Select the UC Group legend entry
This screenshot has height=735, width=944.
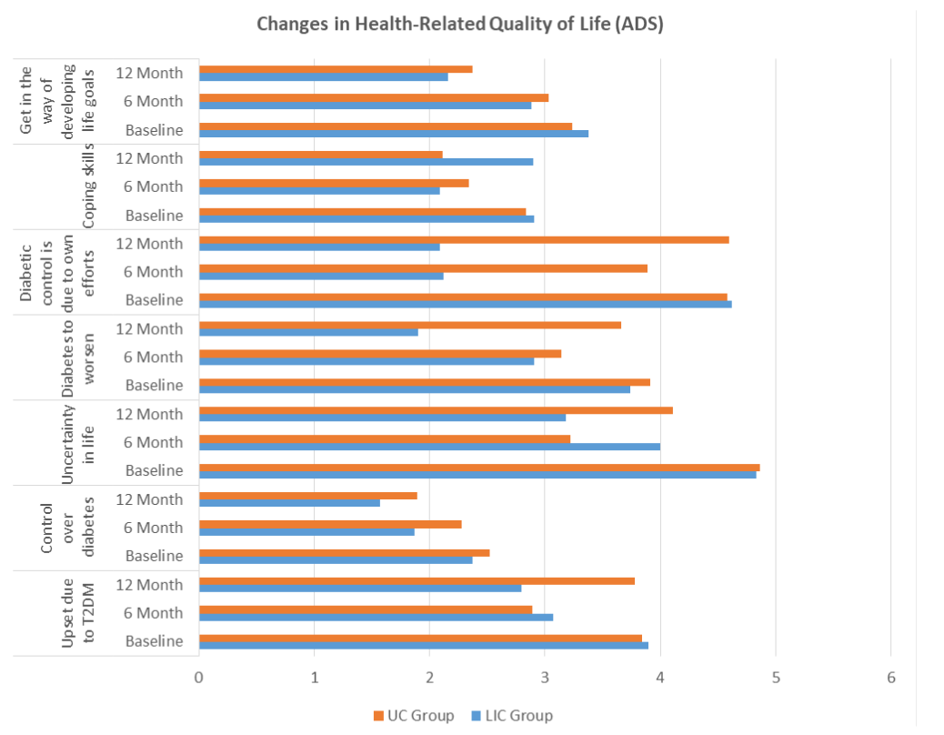(x=414, y=715)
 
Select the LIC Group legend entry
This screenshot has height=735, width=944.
(x=511, y=715)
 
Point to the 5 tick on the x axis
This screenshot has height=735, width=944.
(x=776, y=678)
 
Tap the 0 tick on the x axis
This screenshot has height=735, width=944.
(x=198, y=678)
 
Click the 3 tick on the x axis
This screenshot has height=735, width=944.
(x=545, y=678)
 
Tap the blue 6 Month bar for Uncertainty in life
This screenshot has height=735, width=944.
(x=429, y=447)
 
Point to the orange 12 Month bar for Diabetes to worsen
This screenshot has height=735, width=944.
(x=409, y=326)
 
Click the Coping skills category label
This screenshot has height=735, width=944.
(x=89, y=186)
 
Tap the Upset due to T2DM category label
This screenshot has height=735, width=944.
(x=78, y=613)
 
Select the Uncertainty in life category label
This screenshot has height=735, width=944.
(x=78, y=442)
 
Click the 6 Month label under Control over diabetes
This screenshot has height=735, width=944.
(x=154, y=528)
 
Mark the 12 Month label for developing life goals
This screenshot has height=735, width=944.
(x=150, y=73)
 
